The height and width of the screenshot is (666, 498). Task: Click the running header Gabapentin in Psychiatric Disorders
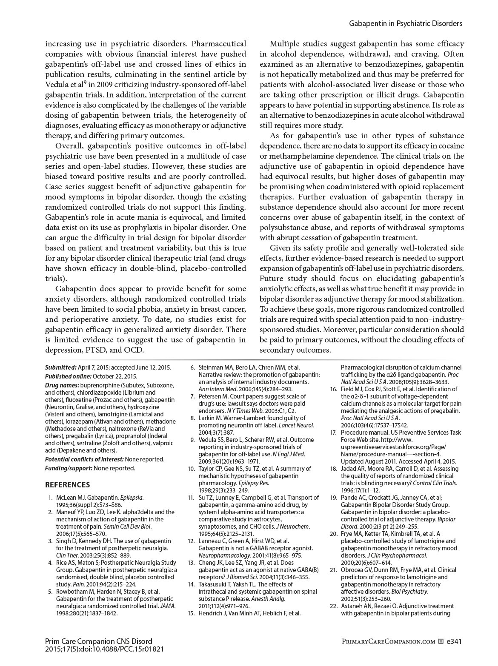click(x=405, y=23)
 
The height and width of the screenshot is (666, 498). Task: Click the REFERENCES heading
click(x=67, y=484)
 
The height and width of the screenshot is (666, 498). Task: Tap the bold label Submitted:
click(x=61, y=367)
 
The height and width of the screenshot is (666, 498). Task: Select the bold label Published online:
click(x=68, y=376)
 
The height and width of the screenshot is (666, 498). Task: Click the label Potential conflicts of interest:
click(x=84, y=459)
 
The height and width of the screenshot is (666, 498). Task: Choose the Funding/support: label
click(x=69, y=468)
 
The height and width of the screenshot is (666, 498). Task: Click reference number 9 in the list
click(x=192, y=440)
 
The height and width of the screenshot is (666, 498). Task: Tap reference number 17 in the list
click(x=334, y=433)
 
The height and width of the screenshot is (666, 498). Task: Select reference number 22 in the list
click(x=334, y=606)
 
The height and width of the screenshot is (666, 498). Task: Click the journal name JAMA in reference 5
click(x=168, y=606)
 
